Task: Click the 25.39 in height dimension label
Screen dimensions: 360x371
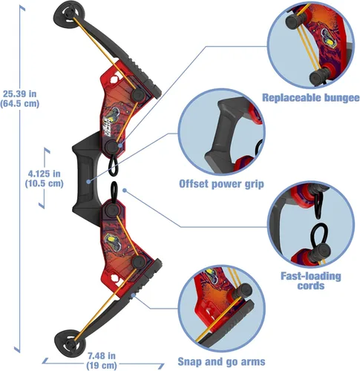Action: [20, 99]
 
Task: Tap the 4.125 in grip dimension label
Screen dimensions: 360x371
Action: [44, 178]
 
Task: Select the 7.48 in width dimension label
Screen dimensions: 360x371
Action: [102, 361]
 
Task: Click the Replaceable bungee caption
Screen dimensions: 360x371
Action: [311, 97]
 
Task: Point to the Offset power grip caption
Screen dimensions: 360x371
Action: [221, 184]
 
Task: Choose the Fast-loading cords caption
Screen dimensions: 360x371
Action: [311, 280]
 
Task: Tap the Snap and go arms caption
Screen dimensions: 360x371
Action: [221, 361]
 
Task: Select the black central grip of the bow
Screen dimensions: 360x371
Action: [85, 178]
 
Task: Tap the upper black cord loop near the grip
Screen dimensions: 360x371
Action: [113, 165]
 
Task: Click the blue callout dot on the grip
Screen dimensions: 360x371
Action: [88, 182]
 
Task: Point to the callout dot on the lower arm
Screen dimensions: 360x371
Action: [133, 295]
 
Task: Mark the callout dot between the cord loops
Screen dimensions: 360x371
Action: [125, 190]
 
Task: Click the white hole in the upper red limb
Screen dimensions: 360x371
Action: [114, 79]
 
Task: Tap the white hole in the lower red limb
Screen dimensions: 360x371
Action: [115, 278]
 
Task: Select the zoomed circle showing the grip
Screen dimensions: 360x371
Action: [221, 132]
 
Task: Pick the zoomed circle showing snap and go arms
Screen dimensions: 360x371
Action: [221, 309]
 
